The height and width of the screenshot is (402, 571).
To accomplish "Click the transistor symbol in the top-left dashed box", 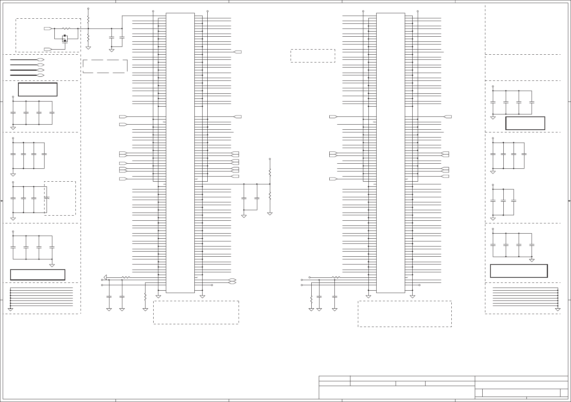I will [x=65, y=39].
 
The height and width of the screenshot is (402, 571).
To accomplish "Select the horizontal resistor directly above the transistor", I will [x=66, y=29].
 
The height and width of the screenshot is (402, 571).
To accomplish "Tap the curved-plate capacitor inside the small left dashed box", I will [x=47, y=198].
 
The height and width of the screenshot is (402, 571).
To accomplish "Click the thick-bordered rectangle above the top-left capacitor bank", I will [x=37, y=89].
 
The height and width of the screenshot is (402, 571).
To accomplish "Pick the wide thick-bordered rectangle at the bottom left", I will [x=37, y=274].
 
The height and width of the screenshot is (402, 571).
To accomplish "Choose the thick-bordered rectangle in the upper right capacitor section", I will [x=525, y=123].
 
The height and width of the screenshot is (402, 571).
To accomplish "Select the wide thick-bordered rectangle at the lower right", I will [x=519, y=271].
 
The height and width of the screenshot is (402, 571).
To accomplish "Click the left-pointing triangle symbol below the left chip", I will [x=105, y=277].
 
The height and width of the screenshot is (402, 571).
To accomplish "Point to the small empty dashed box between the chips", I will [x=313, y=56].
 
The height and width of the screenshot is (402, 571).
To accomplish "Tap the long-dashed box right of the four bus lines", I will [x=105, y=66].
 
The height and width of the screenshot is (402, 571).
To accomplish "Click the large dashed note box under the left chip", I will [x=196, y=312].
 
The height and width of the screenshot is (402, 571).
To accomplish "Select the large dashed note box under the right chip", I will [x=404, y=314].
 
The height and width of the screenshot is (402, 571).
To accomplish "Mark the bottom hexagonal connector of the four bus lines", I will [x=40, y=75].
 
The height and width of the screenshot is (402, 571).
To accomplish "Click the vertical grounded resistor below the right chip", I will [x=311, y=300].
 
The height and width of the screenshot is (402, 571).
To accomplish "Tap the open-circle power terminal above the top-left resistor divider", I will [x=88, y=8].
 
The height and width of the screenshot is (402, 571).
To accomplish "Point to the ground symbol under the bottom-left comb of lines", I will [x=11, y=309].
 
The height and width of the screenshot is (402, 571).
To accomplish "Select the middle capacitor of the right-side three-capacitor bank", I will [x=503, y=201].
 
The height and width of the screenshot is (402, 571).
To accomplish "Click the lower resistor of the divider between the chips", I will [x=270, y=196].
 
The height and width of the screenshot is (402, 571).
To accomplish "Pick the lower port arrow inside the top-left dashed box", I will [x=48, y=49].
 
